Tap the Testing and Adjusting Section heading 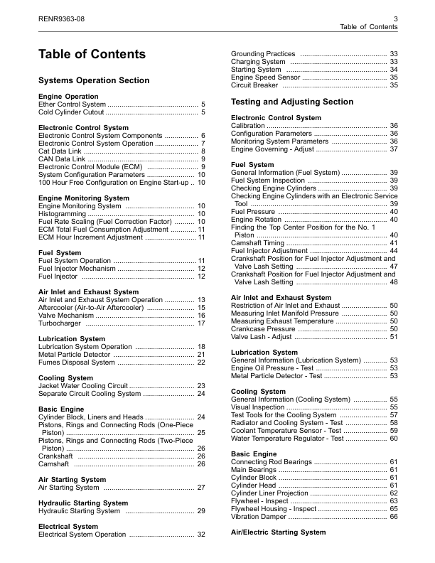[x=292, y=102]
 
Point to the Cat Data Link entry [x=60, y=151]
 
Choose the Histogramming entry [x=61, y=214]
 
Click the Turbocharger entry [x=60, y=323]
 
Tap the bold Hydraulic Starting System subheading [x=79, y=503]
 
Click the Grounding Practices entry [x=264, y=54]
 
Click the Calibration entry [x=248, y=125]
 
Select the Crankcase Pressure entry [x=264, y=329]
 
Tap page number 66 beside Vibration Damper [x=393, y=517]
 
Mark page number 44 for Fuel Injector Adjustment [x=393, y=251]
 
